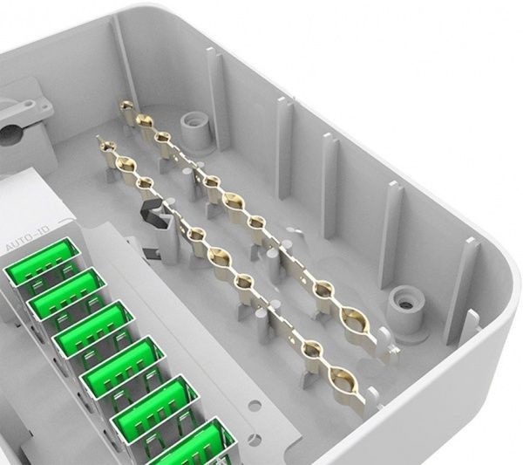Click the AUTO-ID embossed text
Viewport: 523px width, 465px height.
(28, 238)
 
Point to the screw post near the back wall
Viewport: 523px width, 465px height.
(196, 132)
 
